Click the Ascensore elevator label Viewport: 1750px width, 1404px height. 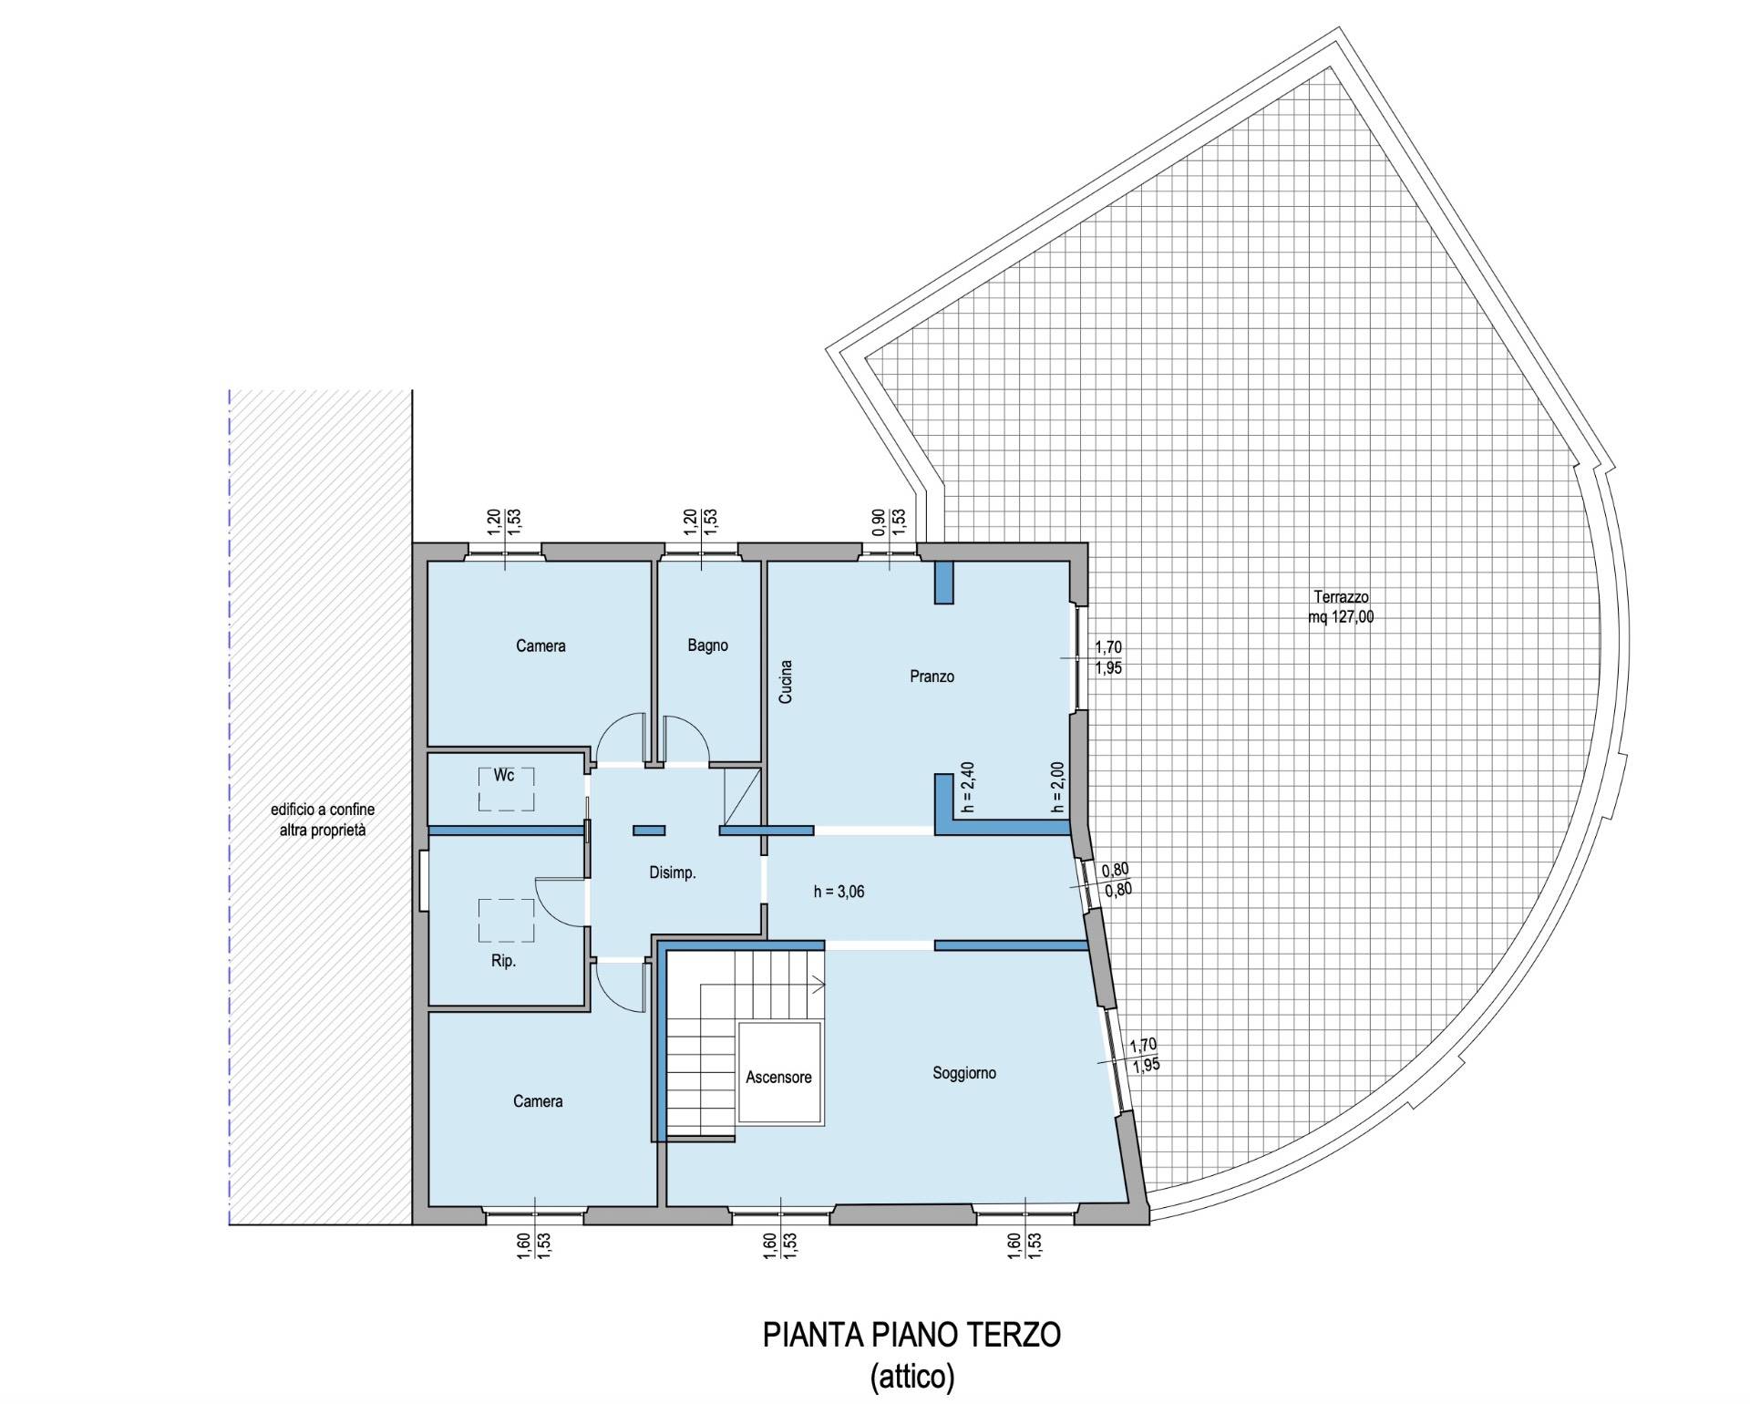point(778,1077)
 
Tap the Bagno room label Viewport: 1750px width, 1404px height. point(708,645)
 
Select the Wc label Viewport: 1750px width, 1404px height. point(504,775)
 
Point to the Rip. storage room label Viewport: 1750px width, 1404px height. point(503,961)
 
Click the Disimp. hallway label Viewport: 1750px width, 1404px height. point(673,872)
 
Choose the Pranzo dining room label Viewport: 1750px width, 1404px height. point(932,676)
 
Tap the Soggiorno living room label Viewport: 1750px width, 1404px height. point(964,1073)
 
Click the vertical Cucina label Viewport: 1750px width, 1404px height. point(786,682)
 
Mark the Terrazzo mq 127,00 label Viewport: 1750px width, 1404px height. point(1341,607)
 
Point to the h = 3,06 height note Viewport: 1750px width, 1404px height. point(839,892)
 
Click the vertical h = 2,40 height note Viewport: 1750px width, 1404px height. point(969,788)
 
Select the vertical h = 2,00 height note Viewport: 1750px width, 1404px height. point(1057,788)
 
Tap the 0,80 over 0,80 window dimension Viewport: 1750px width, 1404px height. point(1116,880)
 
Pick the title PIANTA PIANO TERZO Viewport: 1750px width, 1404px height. point(911,1336)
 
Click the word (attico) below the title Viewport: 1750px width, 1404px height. point(912,1376)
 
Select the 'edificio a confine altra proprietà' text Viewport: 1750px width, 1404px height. point(323,820)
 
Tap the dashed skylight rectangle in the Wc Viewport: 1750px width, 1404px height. point(507,790)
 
